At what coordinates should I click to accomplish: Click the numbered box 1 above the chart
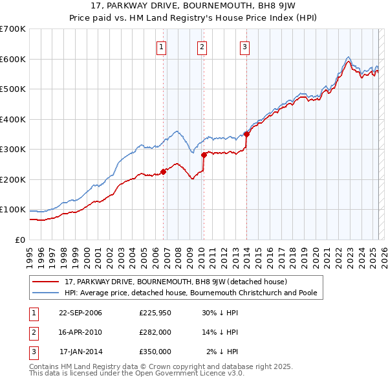160,46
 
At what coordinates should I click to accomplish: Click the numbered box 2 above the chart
202,46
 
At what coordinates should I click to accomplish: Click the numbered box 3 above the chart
245,46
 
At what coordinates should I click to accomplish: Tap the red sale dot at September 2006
163,171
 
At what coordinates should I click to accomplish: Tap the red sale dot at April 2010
204,155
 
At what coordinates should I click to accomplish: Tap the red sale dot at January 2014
246,135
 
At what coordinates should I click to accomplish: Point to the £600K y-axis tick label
13,59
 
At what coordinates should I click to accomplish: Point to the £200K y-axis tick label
13,179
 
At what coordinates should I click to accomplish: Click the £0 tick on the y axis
20,240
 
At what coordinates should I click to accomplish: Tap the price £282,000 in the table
155,332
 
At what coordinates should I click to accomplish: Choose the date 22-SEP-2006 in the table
80,313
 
